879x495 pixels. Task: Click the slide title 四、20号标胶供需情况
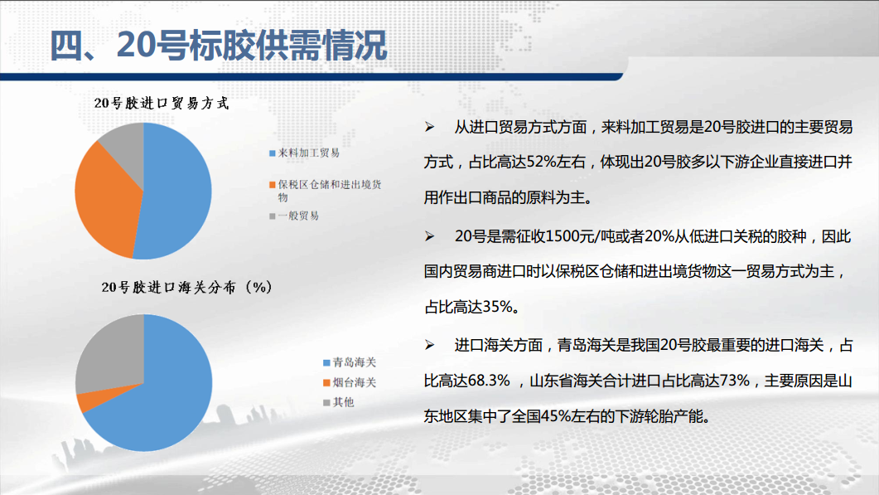[219, 45]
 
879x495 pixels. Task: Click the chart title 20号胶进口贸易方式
[162, 104]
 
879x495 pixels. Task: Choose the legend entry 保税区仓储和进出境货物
[325, 191]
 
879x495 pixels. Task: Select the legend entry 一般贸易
[294, 216]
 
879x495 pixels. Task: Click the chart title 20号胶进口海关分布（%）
[186, 288]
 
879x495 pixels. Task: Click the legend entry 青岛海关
[350, 362]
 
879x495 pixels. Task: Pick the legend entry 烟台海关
[350, 383]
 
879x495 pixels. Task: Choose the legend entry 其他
[339, 402]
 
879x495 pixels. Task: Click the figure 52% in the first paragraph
[540, 163]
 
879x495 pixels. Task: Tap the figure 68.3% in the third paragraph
[489, 381]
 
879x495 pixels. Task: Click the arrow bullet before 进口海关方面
[429, 345]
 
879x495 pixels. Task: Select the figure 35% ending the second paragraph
[497, 307]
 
